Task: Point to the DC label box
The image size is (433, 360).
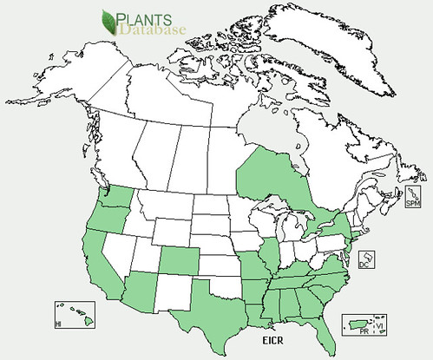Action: [367, 259]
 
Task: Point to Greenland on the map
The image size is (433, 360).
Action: [347, 43]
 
